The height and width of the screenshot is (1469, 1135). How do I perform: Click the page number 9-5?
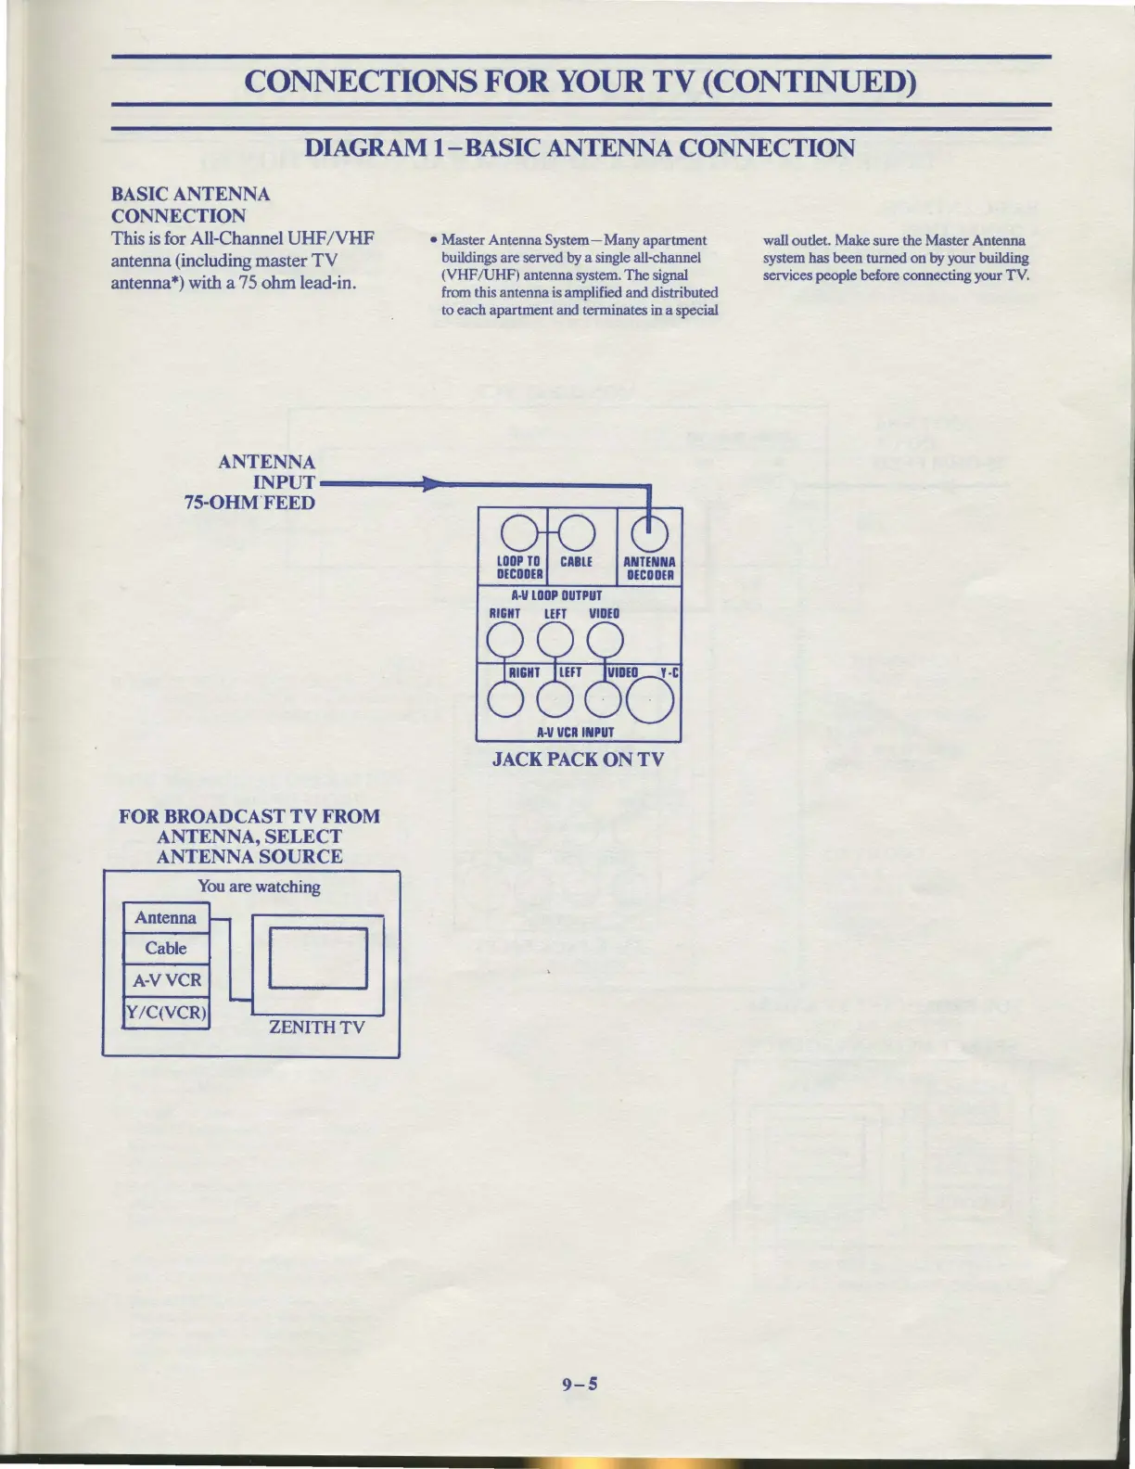(580, 1385)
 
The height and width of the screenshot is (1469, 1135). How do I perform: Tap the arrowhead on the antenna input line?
(428, 484)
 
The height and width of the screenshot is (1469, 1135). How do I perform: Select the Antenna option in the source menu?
(166, 917)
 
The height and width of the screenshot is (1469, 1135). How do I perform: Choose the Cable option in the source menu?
(166, 948)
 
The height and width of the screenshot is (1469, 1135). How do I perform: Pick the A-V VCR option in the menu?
(166, 980)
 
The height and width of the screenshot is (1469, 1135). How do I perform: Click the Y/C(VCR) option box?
(166, 1012)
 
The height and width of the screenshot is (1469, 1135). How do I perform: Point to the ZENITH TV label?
(316, 1027)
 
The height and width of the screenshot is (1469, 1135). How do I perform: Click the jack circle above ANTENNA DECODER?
(649, 531)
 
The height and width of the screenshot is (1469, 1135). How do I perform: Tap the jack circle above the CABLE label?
(576, 531)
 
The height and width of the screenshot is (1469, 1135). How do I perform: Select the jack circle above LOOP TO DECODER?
(519, 531)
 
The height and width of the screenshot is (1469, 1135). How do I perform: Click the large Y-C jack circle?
(652, 701)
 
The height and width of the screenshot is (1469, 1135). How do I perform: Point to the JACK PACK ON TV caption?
(578, 759)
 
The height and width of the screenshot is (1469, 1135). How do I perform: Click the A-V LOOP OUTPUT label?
(556, 595)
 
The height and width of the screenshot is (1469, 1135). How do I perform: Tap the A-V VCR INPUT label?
(575, 732)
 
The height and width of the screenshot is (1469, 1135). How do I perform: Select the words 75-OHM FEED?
(249, 503)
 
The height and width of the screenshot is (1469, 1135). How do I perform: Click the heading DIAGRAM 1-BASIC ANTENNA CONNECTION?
(580, 147)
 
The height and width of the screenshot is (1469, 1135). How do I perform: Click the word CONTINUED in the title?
(809, 82)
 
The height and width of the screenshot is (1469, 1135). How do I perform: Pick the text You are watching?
(259, 887)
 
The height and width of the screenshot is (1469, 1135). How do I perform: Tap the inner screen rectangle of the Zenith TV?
(318, 958)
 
